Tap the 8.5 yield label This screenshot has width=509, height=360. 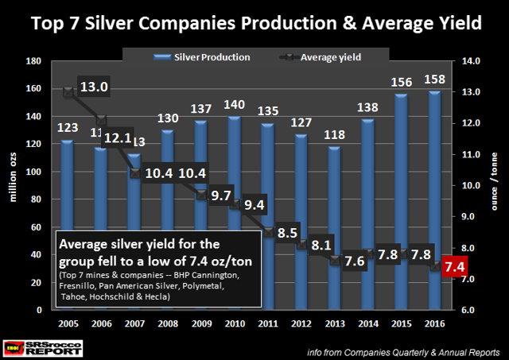coord(289,234)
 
